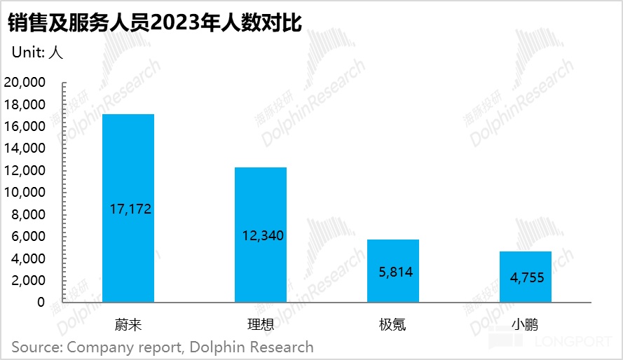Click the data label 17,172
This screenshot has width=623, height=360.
coord(131,209)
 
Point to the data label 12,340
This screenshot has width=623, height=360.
coord(263,236)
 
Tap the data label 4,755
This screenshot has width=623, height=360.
coord(528,278)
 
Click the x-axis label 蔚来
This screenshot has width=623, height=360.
coord(128,325)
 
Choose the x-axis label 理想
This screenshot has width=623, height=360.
coord(260,325)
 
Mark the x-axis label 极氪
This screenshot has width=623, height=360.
coord(393,325)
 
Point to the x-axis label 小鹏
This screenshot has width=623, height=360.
coord(526,325)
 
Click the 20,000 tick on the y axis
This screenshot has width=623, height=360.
coord(25,83)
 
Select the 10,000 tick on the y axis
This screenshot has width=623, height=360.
coord(25,193)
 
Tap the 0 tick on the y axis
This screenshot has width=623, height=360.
coord(41,303)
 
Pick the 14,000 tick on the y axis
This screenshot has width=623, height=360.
coord(25,148)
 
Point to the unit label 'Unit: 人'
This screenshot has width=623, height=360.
coord(37,53)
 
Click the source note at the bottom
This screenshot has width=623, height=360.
coord(162,347)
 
